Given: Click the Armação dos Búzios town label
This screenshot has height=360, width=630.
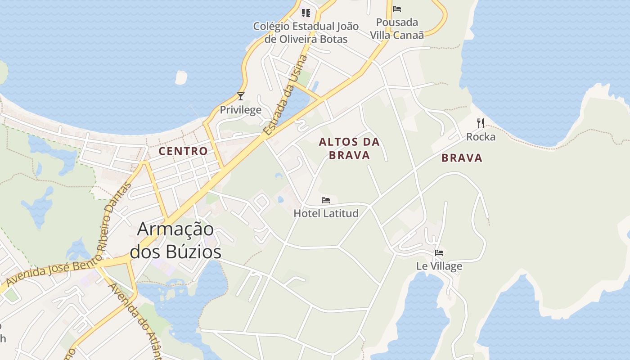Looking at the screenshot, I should coord(175,240).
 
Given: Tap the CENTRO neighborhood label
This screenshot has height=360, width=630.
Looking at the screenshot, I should coord(184,151).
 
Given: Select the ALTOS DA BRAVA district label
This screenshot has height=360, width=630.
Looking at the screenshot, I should coord(349,148).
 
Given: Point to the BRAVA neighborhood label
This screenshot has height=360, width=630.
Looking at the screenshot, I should coord(462,158).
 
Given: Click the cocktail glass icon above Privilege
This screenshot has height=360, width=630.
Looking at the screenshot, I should coord(241,96).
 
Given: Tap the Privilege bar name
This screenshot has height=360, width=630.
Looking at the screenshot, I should coord(240,110).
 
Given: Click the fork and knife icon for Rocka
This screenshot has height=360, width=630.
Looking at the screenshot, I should coord(481,123).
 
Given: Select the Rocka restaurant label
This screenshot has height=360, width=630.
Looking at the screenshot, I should coord(481,137).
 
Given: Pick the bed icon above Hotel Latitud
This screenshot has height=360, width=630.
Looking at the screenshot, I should coord(326,200).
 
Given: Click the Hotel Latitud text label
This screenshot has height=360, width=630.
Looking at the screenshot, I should coord(326,213).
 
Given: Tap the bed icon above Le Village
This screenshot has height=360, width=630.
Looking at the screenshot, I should coord(439,253).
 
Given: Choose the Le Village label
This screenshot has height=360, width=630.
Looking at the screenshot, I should coord(439,266).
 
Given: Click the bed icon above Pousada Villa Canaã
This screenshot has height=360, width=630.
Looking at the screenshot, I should coord(397,9).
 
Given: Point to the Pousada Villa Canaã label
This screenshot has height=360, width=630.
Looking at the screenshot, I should coord(397,28).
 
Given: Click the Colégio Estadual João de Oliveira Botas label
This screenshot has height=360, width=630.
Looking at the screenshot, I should coord(306,32).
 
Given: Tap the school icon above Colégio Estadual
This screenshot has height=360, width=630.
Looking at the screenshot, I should coord(306,13).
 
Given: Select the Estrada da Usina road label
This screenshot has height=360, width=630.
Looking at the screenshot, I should coord(286,95).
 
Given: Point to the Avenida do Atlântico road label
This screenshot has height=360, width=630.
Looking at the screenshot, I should coord(135,319).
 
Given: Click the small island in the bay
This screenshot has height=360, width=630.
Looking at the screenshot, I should coord(181,78).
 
